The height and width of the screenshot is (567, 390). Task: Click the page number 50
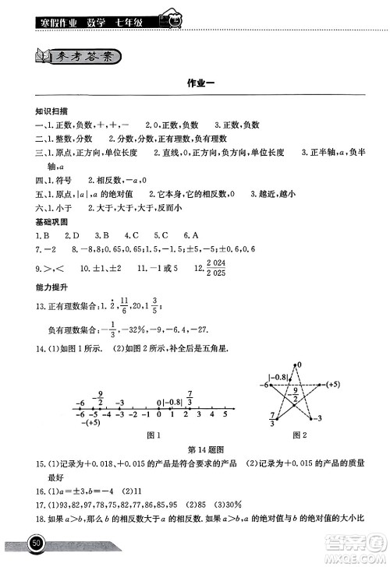[36, 542]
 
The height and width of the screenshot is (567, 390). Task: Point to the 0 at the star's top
[298, 364]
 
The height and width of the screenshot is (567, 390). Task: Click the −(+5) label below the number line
[87, 423]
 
